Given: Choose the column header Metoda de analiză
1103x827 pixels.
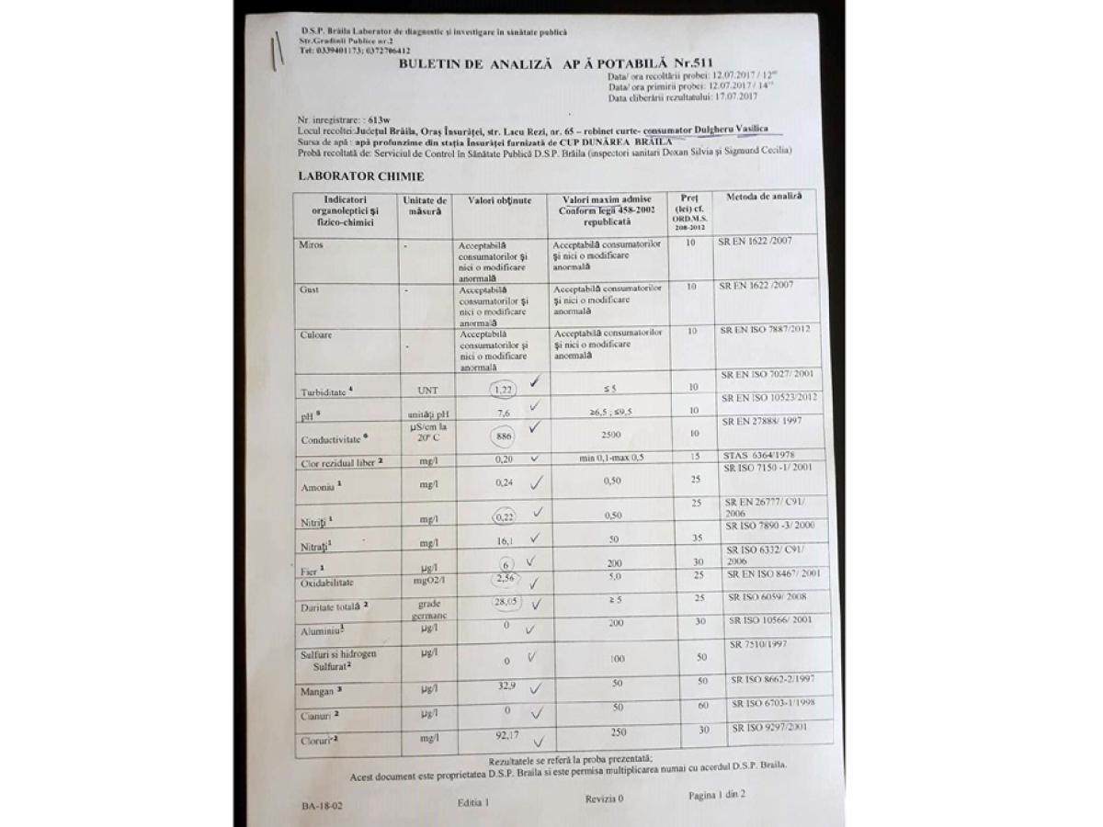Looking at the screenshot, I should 764,198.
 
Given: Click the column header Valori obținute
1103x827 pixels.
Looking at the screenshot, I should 500,200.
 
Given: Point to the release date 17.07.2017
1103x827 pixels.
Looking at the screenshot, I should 728,96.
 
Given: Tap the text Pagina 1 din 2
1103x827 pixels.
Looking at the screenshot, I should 717,794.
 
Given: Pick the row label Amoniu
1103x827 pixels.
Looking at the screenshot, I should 316,487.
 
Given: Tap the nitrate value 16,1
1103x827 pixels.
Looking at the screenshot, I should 504,542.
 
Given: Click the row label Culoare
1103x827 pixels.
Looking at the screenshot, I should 315,335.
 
